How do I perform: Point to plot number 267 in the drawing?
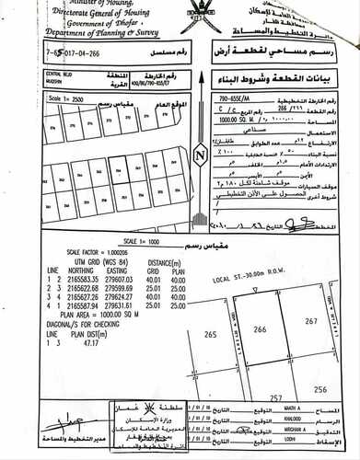click(309, 320)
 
